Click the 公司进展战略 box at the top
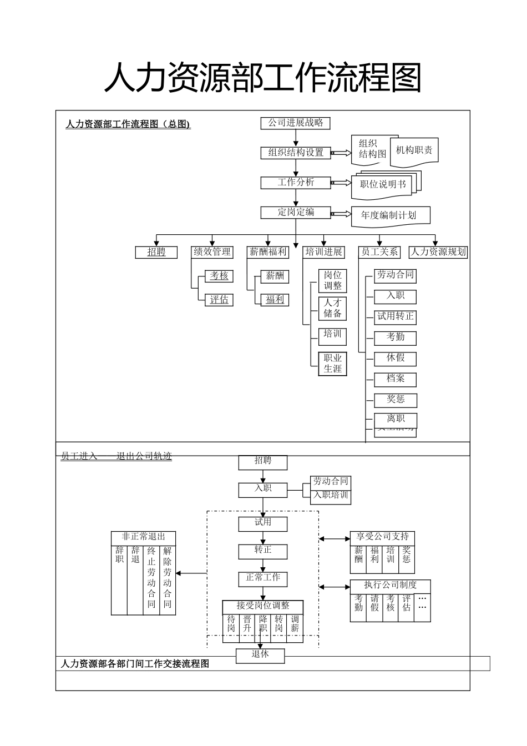point(295,123)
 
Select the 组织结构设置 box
point(295,153)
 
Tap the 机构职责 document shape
point(414,150)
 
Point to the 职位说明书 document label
point(382,185)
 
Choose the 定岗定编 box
point(295,212)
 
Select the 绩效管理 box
point(212,252)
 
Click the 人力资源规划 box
point(438,252)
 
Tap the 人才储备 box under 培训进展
point(333,309)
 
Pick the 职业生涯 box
point(333,364)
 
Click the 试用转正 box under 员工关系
point(395,316)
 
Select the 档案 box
point(395,379)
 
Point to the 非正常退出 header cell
point(144,537)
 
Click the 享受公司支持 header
point(382,537)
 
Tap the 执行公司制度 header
point(390,586)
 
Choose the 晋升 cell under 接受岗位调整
point(247,624)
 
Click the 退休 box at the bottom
point(260,655)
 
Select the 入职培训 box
point(331,495)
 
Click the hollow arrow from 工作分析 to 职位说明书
point(341,183)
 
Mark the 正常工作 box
point(263,578)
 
